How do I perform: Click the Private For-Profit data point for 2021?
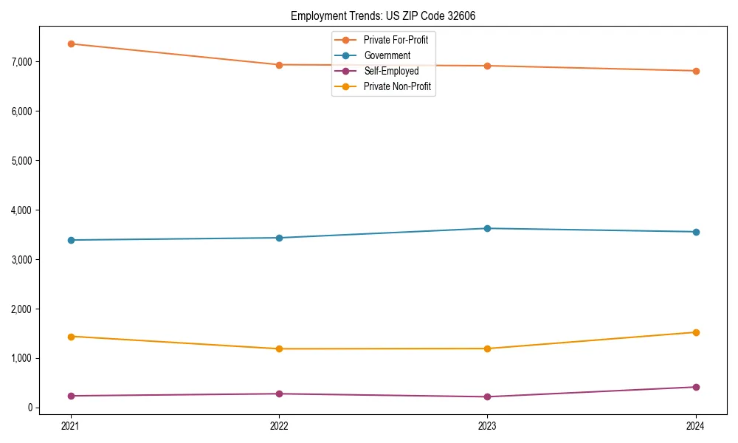[x=71, y=44]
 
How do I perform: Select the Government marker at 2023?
[x=487, y=228]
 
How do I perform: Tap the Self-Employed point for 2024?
[x=696, y=387]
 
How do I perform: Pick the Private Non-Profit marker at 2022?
[x=279, y=348]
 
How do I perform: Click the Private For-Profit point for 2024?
[x=696, y=71]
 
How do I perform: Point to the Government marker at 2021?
[x=71, y=240]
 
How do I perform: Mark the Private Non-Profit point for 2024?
[x=696, y=332]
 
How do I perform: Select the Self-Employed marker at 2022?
[x=279, y=394]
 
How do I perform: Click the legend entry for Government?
[x=387, y=55]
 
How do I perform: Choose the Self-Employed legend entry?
[x=390, y=71]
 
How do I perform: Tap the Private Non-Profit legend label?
[x=397, y=86]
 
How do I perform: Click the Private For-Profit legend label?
[x=396, y=40]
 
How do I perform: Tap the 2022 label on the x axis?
[x=279, y=425]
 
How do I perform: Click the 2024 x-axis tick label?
[x=696, y=425]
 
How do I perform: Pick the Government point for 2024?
[x=696, y=232]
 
